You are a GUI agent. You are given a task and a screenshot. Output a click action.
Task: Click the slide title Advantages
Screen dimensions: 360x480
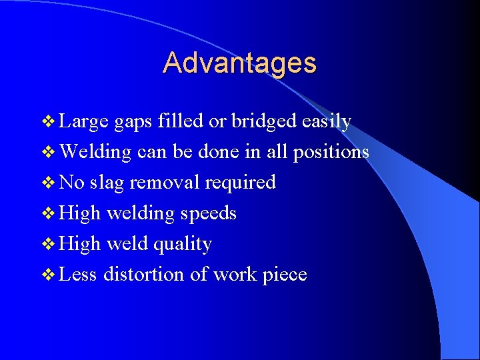239,63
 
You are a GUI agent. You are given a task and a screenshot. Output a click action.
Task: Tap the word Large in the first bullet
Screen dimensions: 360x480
83,121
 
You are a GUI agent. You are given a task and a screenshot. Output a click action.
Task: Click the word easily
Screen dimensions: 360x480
326,122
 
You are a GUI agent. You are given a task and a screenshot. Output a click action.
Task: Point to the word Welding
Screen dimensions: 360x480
95,152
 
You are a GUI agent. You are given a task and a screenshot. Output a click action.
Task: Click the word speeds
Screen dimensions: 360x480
207,213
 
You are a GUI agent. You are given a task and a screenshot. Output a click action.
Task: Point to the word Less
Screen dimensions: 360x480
78,274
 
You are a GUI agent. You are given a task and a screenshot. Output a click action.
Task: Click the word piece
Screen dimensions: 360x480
284,275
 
